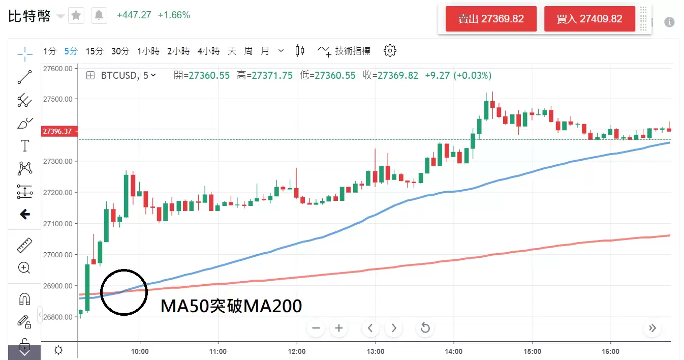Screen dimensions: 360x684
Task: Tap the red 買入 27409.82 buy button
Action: click(589, 19)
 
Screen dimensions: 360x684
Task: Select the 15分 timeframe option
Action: click(95, 51)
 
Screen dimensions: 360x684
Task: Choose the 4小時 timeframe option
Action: click(208, 51)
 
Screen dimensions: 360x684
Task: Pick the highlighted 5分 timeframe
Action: click(71, 51)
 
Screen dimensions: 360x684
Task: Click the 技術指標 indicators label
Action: click(353, 51)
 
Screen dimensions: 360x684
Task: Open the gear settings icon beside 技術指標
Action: click(390, 50)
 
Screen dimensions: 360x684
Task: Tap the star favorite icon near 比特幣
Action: click(76, 16)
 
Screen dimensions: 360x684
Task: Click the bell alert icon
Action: click(99, 16)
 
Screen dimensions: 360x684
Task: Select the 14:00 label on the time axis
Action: click(453, 351)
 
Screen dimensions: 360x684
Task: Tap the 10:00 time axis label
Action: click(140, 351)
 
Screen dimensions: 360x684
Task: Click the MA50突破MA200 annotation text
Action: click(231, 306)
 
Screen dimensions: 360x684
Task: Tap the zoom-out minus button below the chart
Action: click(316, 328)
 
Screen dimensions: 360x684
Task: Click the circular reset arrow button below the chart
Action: click(425, 328)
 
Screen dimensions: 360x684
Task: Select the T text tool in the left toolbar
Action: click(24, 146)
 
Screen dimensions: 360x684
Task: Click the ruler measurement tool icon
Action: click(24, 245)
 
